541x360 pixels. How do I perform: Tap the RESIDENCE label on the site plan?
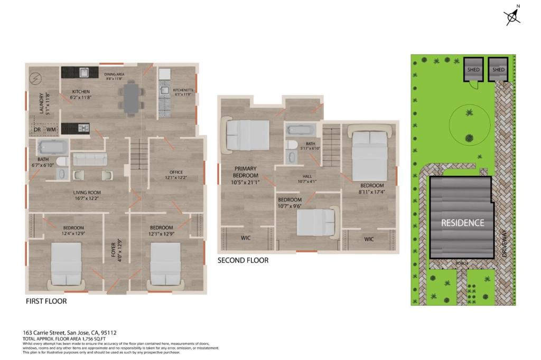pyautogui.click(x=462, y=223)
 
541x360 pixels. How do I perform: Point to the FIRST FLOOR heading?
pyautogui.click(x=46, y=301)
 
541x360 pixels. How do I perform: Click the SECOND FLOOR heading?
pyautogui.click(x=242, y=260)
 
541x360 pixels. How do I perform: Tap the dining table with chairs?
pyautogui.click(x=132, y=98)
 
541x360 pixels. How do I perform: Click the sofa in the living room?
pyautogui.click(x=89, y=159)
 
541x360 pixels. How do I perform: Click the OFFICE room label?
pyautogui.click(x=176, y=173)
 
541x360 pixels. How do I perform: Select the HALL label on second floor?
pyautogui.click(x=307, y=177)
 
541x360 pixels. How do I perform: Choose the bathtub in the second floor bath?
pyautogui.click(x=300, y=129)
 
